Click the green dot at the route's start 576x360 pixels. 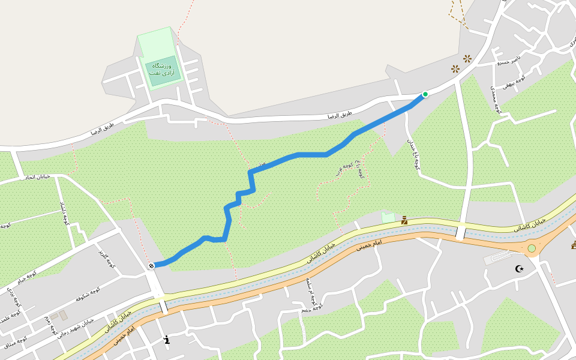point(425,94)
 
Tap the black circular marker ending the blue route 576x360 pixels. point(152,265)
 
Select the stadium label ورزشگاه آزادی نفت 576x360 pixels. point(161,68)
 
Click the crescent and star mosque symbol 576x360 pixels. point(520,268)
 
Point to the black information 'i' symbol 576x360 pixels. point(167,340)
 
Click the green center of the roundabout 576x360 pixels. point(531,248)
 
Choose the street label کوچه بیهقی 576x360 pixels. point(514,79)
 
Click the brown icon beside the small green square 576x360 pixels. point(404,221)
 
